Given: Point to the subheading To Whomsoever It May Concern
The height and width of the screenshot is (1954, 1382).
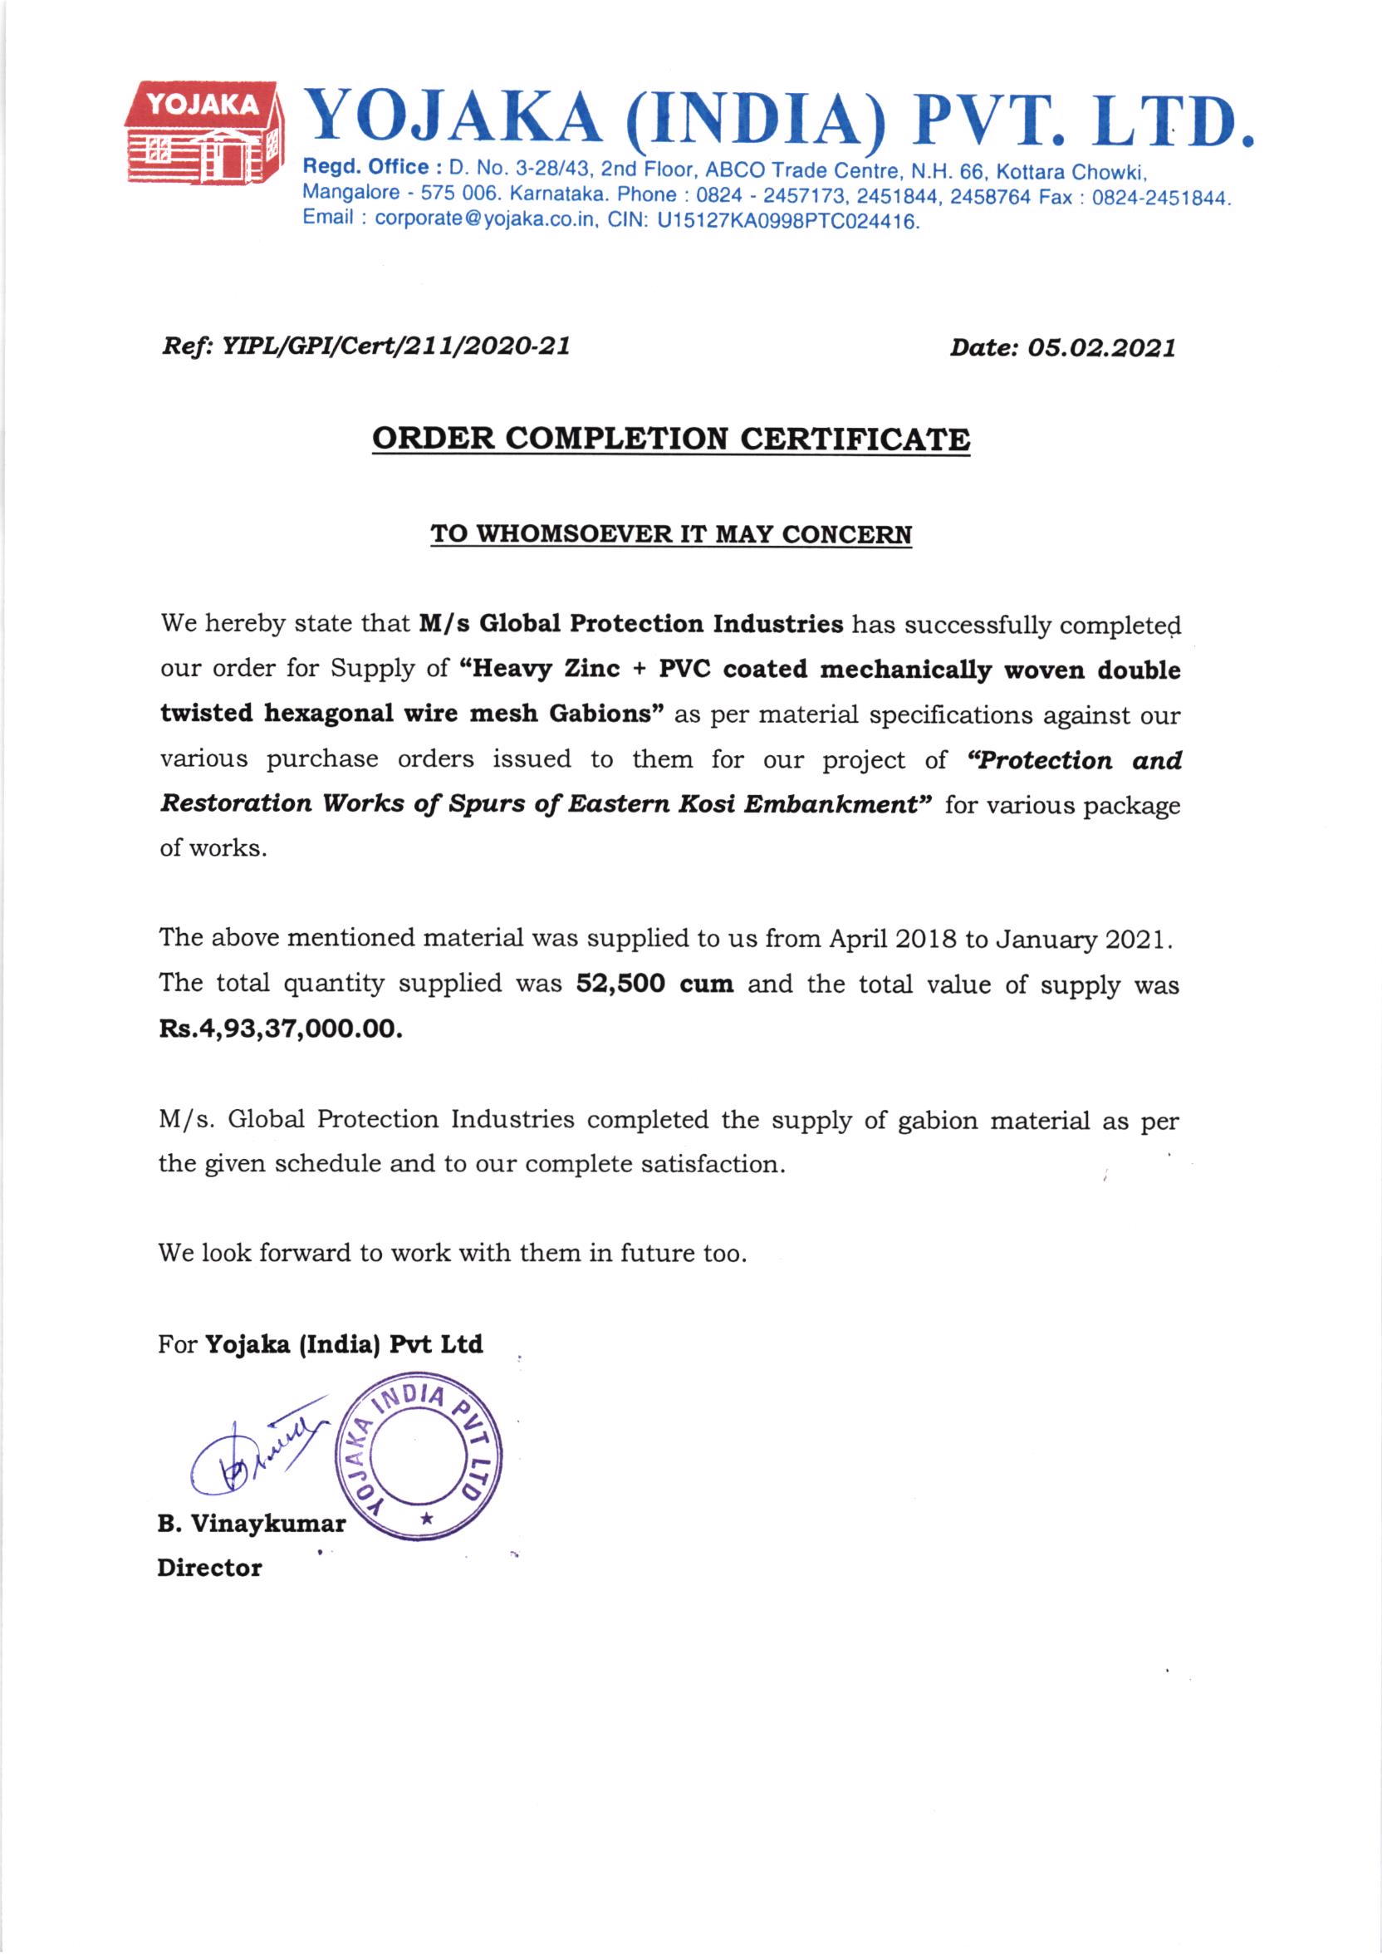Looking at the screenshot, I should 670,534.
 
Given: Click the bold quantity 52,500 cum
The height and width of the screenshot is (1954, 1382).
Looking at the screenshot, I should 654,984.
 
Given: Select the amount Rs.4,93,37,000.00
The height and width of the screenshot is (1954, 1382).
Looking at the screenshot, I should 281,1030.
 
